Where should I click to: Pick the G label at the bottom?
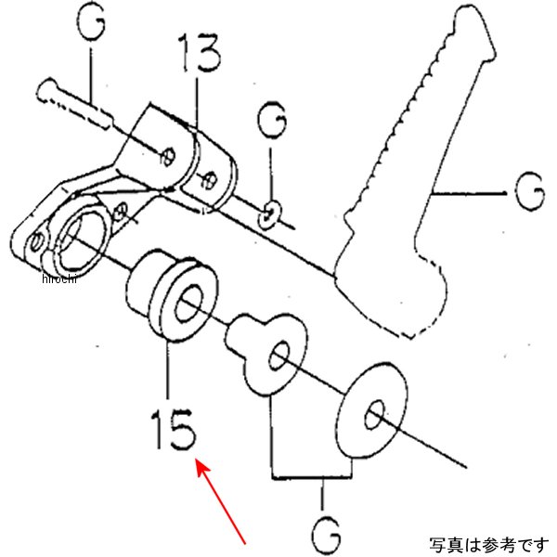(324, 531)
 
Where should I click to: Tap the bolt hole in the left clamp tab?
(167, 154)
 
